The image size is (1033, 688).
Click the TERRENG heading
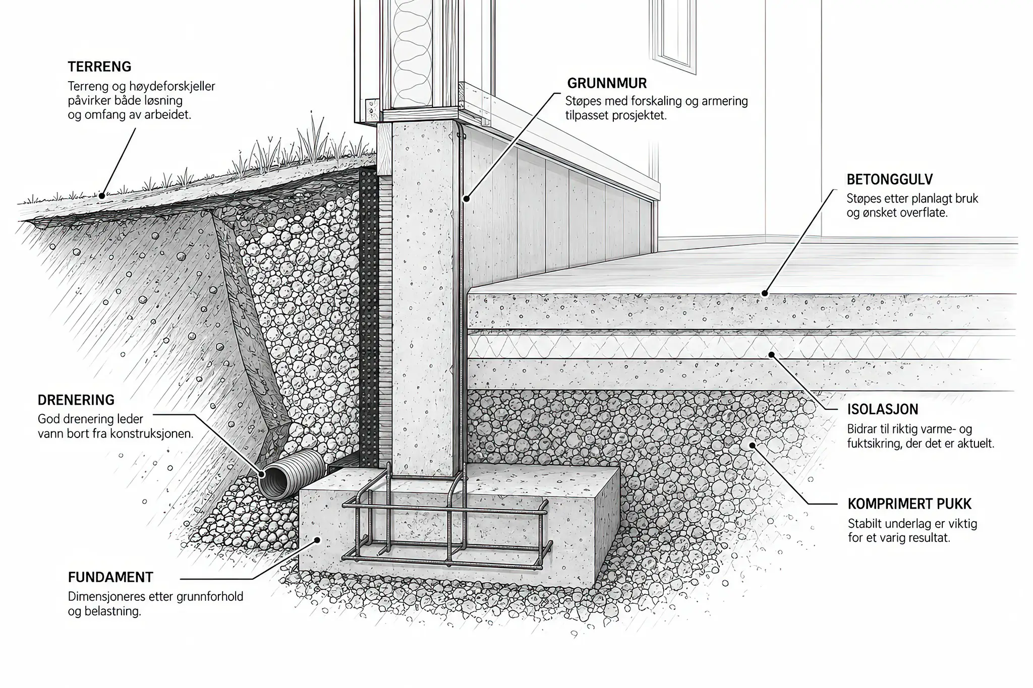tap(99, 67)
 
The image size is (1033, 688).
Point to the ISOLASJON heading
tap(883, 409)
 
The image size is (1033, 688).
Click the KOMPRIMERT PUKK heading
tap(909, 504)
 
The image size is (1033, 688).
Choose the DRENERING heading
tap(76, 400)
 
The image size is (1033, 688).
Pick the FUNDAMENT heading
tap(110, 577)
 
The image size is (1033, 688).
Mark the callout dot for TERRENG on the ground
tap(101, 195)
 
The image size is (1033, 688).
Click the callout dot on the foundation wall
tap(467, 199)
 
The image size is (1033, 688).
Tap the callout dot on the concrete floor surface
tap(765, 293)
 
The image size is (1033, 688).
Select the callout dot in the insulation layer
tap(771, 354)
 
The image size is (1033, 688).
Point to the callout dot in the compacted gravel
tap(752, 445)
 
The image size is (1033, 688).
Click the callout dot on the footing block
tap(318, 539)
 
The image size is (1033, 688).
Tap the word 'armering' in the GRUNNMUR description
tap(725, 101)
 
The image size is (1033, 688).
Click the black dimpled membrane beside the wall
tap(369, 318)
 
